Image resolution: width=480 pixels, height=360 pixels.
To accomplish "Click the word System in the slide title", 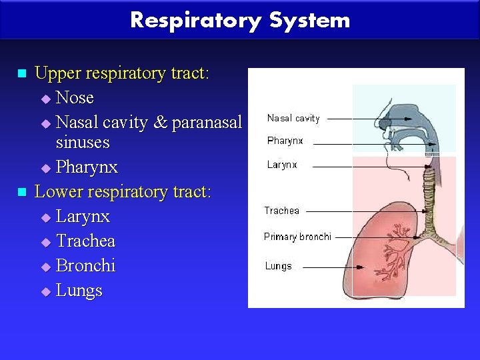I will click(x=309, y=20).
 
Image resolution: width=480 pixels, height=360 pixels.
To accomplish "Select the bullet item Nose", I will click(x=75, y=98).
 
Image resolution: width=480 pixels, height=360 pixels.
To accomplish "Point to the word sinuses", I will click(x=83, y=142).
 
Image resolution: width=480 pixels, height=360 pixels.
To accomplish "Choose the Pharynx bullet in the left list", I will click(x=87, y=167).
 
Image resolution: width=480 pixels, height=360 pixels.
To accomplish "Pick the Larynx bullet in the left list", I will click(x=83, y=217).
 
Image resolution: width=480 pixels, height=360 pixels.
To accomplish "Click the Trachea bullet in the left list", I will click(x=85, y=241).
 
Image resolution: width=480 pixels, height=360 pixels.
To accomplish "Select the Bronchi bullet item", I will click(x=85, y=265).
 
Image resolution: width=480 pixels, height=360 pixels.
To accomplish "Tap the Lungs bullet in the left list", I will click(x=79, y=291).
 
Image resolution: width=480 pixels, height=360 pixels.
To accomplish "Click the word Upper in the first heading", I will click(x=56, y=73).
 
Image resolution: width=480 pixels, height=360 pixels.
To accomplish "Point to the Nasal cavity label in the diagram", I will click(x=293, y=119).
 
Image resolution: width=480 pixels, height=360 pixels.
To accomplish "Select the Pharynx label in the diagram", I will click(x=285, y=141).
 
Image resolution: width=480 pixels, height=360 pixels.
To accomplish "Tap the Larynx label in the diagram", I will click(x=282, y=165).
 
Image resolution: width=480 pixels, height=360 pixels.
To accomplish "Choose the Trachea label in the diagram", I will click(x=282, y=211).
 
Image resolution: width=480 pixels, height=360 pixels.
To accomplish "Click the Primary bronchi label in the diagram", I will click(x=297, y=237).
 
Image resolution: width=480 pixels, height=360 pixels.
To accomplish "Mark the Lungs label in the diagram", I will click(x=278, y=266).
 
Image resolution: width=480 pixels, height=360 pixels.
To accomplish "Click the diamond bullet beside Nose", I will click(x=45, y=99).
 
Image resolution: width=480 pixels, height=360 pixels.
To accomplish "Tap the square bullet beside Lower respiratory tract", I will click(x=22, y=193).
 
